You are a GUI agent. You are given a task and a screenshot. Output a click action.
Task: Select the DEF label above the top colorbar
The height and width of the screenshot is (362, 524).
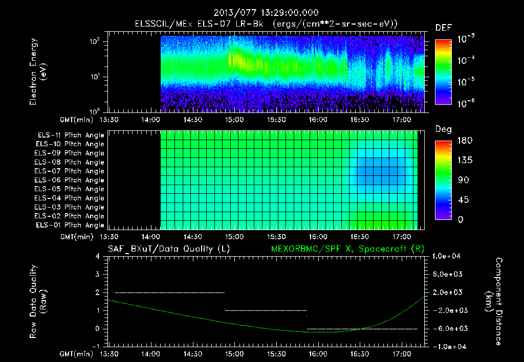click(443, 28)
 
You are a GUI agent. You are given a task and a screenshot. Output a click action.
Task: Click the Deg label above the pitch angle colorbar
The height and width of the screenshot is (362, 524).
click(443, 129)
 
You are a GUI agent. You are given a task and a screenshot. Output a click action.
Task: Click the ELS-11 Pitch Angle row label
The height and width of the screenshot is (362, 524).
click(71, 135)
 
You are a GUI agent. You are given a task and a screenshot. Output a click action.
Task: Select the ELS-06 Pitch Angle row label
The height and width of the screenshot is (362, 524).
click(71, 180)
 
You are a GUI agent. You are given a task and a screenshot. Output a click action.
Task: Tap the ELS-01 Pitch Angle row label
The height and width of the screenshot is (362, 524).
click(71, 225)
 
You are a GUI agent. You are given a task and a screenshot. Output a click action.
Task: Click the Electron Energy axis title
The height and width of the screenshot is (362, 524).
click(38, 72)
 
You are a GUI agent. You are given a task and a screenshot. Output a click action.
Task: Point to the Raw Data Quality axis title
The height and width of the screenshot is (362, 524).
click(38, 302)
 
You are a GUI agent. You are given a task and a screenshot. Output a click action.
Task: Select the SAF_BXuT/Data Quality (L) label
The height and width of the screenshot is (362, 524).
click(168, 249)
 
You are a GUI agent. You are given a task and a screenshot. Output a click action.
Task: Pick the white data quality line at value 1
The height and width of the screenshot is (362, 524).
click(266, 310)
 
